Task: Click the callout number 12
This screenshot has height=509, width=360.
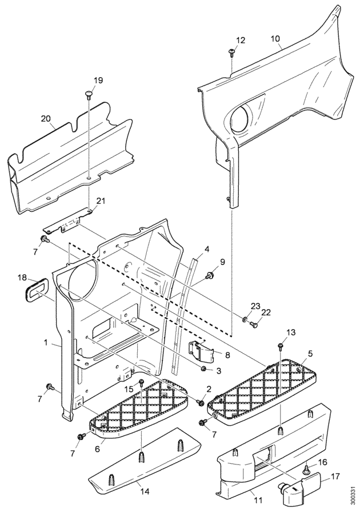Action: (241, 41)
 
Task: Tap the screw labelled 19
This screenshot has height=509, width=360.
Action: (89, 94)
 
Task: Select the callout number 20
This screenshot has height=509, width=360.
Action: (46, 118)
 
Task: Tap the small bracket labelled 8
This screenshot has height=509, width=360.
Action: (201, 351)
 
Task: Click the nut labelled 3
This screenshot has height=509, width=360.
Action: (204, 368)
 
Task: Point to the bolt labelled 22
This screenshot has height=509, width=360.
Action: (254, 324)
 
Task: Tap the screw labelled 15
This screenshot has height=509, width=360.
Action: (142, 383)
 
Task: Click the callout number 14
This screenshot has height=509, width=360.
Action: (145, 492)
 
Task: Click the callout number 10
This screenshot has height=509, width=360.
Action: (275, 39)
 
